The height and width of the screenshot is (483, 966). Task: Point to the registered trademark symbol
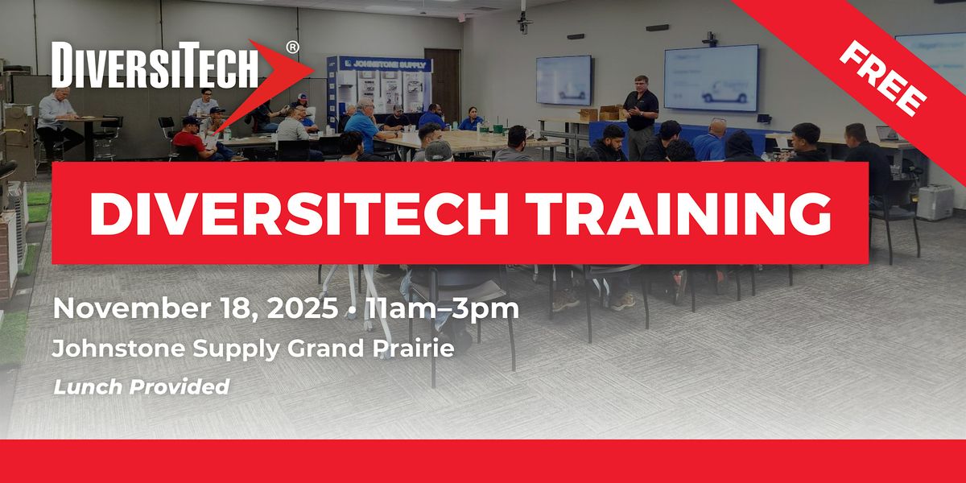point(292,47)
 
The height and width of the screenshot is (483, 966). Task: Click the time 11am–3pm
point(441,309)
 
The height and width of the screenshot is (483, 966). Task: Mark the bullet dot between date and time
point(351,310)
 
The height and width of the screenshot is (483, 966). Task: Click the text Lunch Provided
point(141,386)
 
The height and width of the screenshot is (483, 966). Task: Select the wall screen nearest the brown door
point(563,80)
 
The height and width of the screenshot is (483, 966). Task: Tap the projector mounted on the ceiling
point(524,19)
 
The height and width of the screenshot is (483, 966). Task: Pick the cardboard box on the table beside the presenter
point(609,113)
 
